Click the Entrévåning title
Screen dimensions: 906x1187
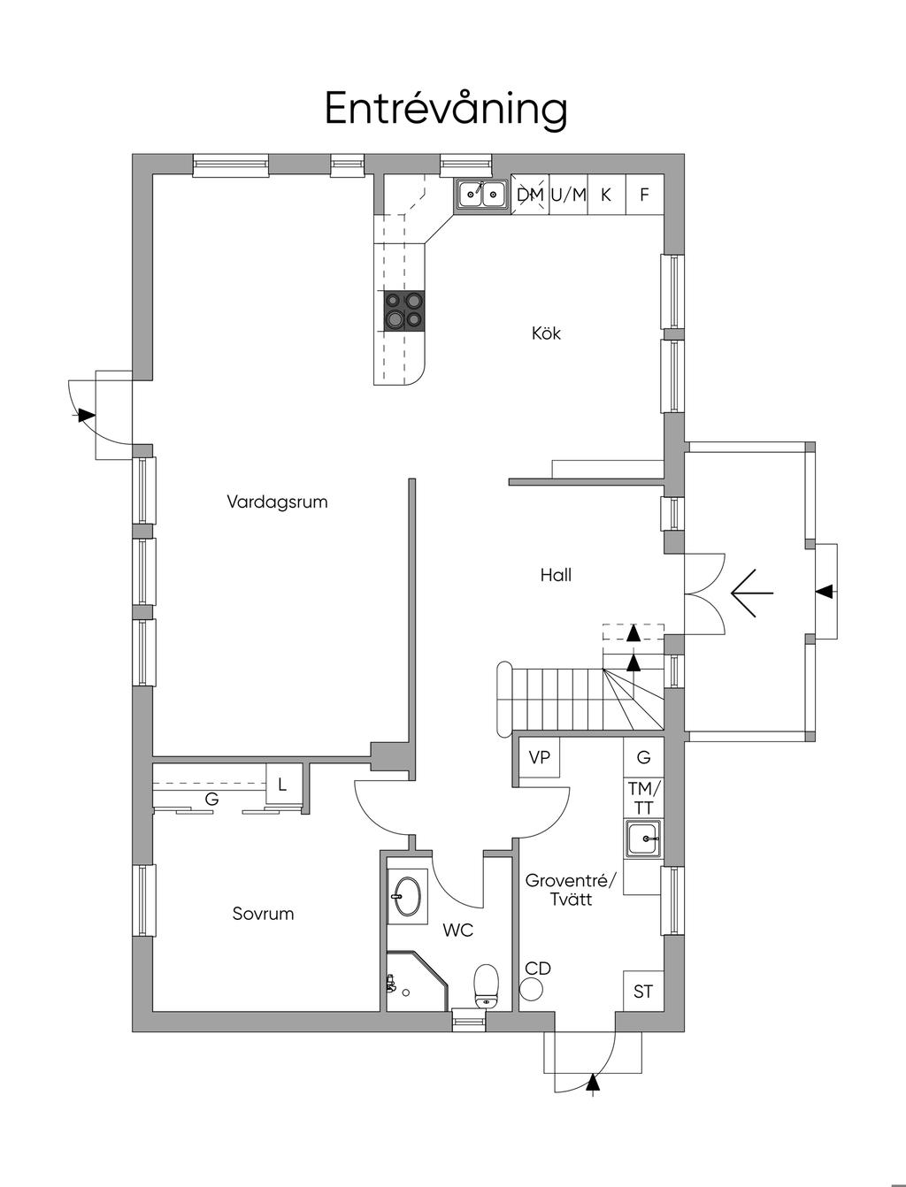click(x=446, y=110)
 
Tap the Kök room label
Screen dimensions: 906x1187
click(x=546, y=333)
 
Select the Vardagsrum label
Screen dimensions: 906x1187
click(x=278, y=502)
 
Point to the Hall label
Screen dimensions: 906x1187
click(x=556, y=575)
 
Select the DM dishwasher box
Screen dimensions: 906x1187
click(x=530, y=195)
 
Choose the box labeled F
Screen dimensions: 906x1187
click(x=645, y=195)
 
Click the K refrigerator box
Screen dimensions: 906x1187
click(x=606, y=195)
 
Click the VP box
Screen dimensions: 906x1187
click(x=540, y=758)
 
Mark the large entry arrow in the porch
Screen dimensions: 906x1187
click(x=752, y=593)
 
